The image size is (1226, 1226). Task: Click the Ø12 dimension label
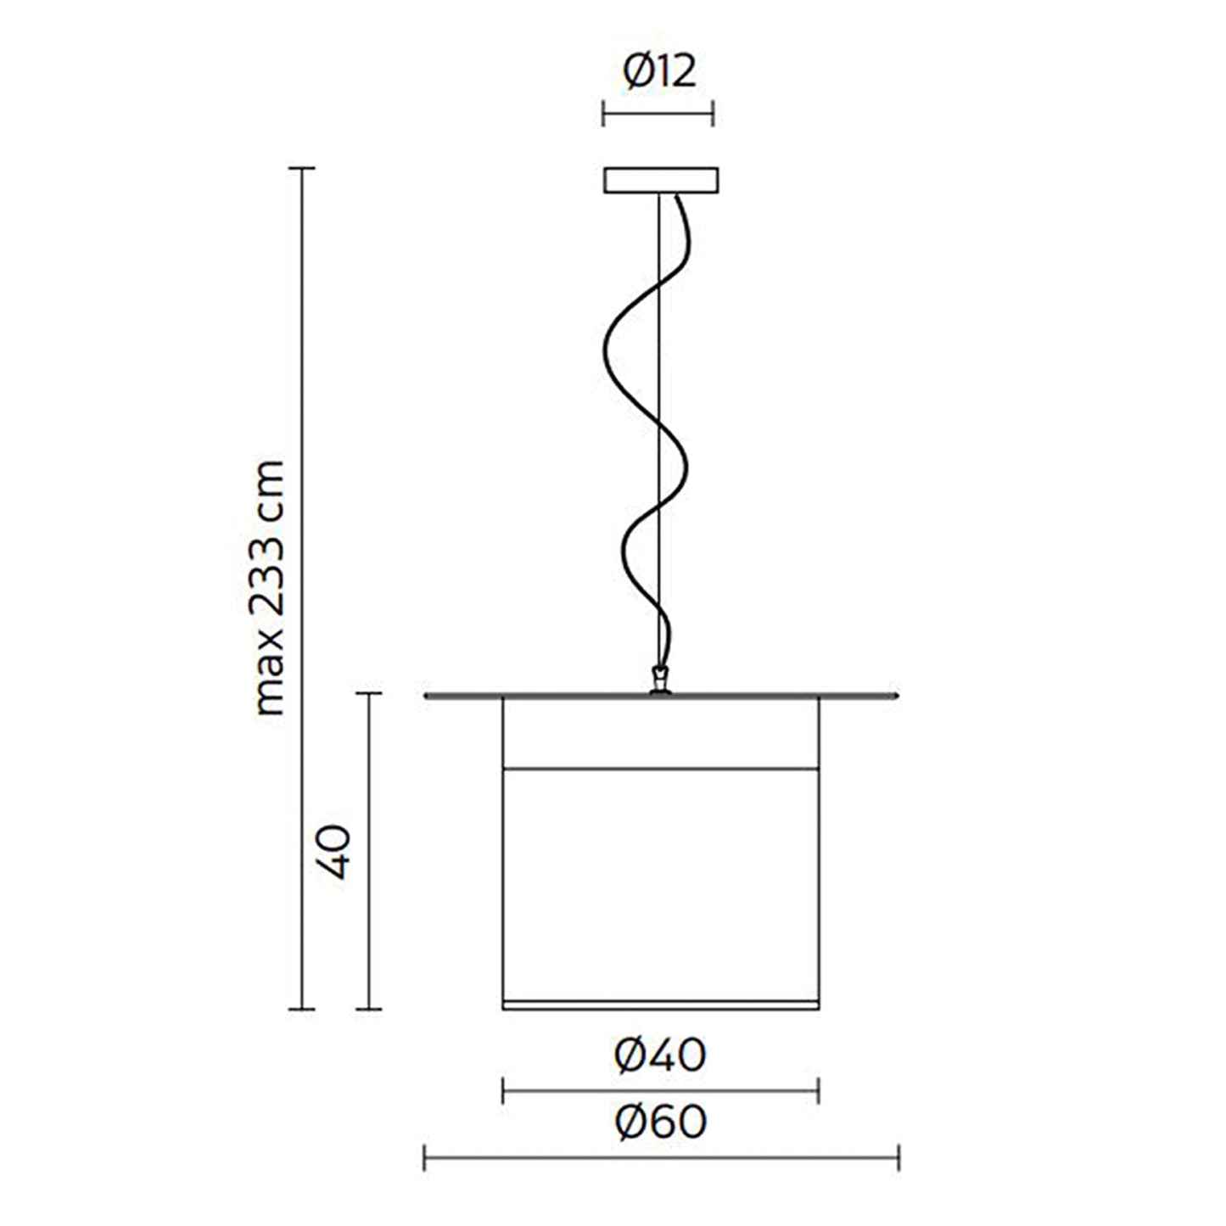[659, 72]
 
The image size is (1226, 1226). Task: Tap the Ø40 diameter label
[661, 1055]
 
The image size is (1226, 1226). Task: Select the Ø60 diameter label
[661, 1122]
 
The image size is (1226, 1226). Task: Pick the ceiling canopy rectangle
[660, 181]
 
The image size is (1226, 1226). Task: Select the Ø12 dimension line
[658, 113]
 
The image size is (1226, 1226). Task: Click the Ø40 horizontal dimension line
[660, 1090]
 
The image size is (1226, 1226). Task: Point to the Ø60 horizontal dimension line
[661, 1157]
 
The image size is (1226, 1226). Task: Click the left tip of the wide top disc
[427, 697]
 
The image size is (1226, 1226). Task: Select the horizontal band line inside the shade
[660, 770]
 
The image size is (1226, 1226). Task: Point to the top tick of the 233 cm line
[302, 169]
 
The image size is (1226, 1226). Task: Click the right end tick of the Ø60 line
[899, 1157]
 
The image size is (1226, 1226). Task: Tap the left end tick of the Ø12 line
[603, 113]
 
